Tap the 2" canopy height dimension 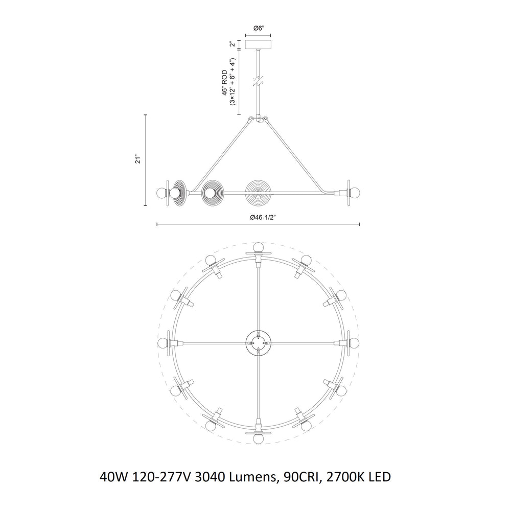231,44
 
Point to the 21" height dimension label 137,160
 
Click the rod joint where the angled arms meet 259,118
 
